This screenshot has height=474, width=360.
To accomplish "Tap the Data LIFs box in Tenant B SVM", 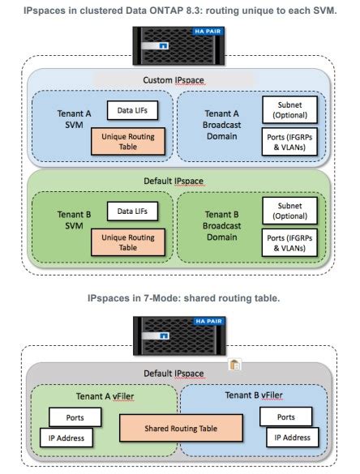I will point(132,211).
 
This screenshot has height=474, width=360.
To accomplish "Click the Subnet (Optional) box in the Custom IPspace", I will point(289,108).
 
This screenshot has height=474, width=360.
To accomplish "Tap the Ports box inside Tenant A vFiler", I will point(75,416).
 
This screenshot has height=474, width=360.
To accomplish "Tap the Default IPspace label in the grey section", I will point(179,374).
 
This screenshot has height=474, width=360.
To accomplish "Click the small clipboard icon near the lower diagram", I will point(234,365).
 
